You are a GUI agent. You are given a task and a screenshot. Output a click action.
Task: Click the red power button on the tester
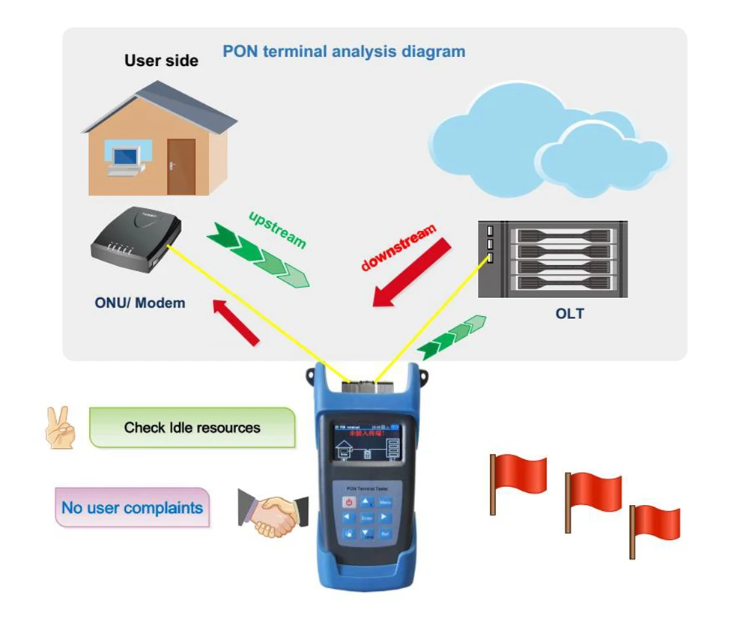click(x=348, y=502)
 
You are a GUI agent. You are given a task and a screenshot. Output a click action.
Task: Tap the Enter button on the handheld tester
click(x=366, y=518)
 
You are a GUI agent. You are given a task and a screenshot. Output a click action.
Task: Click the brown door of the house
click(x=181, y=167)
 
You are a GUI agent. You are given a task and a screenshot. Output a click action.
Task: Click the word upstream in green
click(x=277, y=228)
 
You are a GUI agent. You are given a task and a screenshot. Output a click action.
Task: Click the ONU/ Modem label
click(x=140, y=303)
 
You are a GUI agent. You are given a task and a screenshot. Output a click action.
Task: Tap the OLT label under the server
click(x=569, y=313)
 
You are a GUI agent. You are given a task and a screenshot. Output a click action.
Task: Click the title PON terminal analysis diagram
click(x=344, y=52)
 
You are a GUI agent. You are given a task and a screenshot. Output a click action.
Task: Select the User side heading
click(x=161, y=61)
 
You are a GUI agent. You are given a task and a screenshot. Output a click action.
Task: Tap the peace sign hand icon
click(x=61, y=428)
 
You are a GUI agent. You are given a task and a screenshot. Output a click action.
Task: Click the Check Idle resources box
click(x=192, y=428)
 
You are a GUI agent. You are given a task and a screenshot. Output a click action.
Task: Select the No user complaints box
click(x=132, y=508)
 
